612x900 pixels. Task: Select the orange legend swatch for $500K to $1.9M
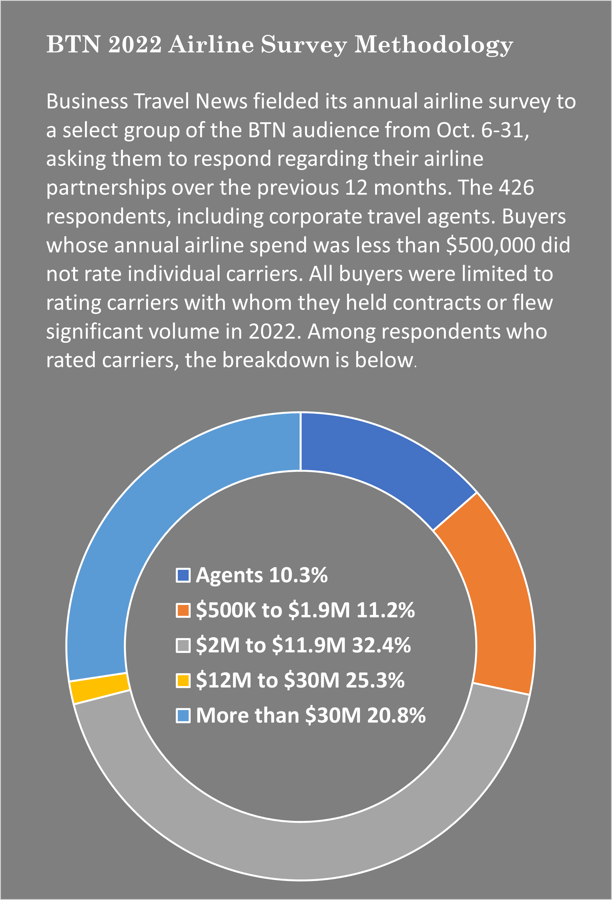click(x=183, y=610)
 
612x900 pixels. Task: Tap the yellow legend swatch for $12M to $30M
click(x=183, y=680)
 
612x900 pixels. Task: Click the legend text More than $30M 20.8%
click(x=310, y=715)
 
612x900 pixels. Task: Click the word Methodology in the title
click(x=434, y=45)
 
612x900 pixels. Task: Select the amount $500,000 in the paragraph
click(x=490, y=245)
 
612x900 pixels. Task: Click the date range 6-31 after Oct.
click(x=505, y=130)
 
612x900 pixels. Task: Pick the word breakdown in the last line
click(x=276, y=360)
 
